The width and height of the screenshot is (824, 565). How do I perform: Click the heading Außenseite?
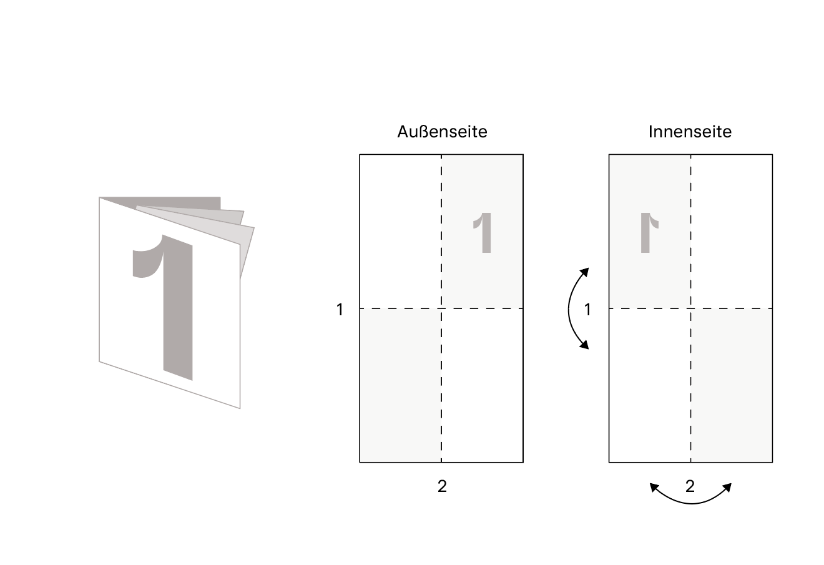[x=442, y=132]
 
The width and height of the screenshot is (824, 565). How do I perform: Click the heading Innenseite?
[x=690, y=132]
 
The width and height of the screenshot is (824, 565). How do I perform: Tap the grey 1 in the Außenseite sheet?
[x=483, y=233]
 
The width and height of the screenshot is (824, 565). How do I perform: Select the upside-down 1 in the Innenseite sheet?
[x=649, y=233]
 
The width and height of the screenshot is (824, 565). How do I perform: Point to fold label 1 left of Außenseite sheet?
[x=340, y=310]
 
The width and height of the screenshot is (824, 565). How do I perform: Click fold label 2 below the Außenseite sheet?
[x=442, y=486]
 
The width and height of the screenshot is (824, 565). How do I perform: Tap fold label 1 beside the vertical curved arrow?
[x=587, y=310]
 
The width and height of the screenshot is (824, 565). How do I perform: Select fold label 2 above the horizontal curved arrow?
[x=690, y=486]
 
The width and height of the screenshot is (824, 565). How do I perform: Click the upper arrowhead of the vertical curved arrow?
[x=584, y=272]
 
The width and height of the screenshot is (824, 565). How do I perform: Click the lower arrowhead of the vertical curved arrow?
[x=584, y=344]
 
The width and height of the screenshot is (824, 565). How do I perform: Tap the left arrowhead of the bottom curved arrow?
[x=654, y=488]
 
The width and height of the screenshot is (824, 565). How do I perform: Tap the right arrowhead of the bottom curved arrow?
[x=727, y=488]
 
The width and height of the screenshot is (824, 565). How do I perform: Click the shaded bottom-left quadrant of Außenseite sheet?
[x=400, y=385]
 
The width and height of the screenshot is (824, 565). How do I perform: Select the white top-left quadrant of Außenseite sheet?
[x=400, y=232]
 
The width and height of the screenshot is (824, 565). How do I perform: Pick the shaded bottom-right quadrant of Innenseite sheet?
[x=732, y=385]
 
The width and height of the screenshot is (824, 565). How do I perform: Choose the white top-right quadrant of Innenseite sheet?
[x=732, y=232]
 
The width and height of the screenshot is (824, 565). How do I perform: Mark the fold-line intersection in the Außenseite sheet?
[x=441, y=308]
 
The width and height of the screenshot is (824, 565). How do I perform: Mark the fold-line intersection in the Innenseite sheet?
[x=691, y=308]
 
